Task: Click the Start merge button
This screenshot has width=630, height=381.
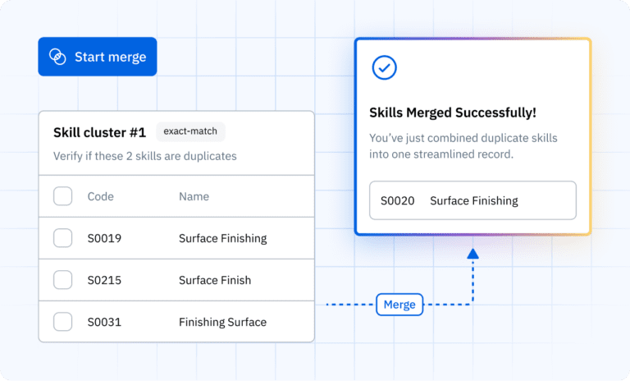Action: (98, 57)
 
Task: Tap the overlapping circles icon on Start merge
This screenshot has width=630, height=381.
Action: (57, 57)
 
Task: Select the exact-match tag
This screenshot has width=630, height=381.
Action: (190, 131)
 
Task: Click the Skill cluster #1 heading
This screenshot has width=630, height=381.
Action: (99, 132)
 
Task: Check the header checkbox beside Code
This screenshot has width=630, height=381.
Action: (62, 196)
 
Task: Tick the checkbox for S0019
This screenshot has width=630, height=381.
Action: (62, 238)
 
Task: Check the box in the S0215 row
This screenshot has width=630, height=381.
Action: (62, 280)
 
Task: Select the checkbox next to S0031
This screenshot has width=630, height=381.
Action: (62, 322)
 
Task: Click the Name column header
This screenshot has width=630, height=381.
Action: (194, 196)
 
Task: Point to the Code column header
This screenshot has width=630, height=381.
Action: (100, 196)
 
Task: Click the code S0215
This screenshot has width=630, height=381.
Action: (104, 280)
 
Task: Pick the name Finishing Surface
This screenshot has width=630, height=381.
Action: (222, 322)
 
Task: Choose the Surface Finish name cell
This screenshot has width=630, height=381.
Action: (215, 280)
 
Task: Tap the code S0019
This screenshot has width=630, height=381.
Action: (104, 238)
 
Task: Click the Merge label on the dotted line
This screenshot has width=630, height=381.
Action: (399, 305)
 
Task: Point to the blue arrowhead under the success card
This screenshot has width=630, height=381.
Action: (472, 254)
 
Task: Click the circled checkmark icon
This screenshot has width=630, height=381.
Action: (384, 67)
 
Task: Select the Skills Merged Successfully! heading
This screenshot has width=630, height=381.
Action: (453, 112)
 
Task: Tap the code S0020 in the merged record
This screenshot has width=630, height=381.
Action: (397, 200)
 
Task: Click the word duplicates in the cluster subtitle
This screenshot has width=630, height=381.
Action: (210, 156)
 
